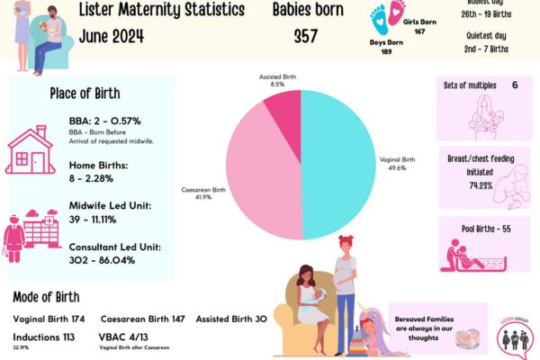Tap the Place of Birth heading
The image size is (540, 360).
click(x=85, y=94)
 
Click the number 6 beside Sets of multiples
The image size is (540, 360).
click(x=515, y=85)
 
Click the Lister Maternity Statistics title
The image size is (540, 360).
click(x=161, y=12)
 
